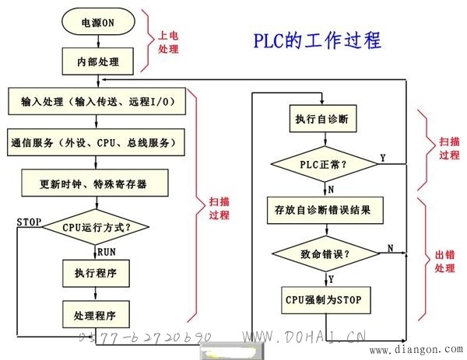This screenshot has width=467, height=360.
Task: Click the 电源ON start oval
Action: pyautogui.click(x=98, y=22)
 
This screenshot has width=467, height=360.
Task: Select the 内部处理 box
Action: pyautogui.click(x=98, y=61)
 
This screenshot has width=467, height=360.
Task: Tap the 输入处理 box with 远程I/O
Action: pyautogui.click(x=97, y=101)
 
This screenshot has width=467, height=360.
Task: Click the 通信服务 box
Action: pyautogui.click(x=96, y=142)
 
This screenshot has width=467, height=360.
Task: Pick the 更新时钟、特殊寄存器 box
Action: pyautogui.click(x=95, y=183)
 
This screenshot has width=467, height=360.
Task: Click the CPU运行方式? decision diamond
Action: pyautogui.click(x=96, y=227)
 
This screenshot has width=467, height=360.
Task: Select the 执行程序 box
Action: pyautogui.click(x=96, y=273)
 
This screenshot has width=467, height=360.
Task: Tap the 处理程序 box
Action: pyautogui.click(x=96, y=314)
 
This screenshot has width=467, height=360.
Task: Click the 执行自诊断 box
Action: pyautogui.click(x=323, y=118)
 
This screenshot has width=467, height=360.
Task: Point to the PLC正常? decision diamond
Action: pyautogui.click(x=325, y=164)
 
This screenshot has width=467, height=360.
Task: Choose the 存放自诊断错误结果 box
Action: pyautogui.click(x=325, y=210)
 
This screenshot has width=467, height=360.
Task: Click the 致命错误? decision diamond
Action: pyautogui.click(x=326, y=253)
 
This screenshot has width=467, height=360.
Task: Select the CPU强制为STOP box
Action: pyautogui.click(x=326, y=300)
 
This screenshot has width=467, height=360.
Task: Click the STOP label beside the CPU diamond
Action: pyautogui.click(x=29, y=222)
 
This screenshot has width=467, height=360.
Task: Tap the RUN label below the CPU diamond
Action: pyautogui.click(x=107, y=252)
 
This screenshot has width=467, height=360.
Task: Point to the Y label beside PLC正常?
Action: pyautogui.click(x=383, y=158)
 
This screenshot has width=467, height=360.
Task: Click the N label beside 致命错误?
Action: pyautogui.click(x=391, y=248)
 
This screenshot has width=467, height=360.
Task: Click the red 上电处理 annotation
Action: pyautogui.click(x=168, y=42)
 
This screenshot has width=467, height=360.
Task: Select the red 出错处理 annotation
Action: pyautogui.click(x=445, y=261)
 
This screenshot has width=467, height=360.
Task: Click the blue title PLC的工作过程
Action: pyautogui.click(x=318, y=40)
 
